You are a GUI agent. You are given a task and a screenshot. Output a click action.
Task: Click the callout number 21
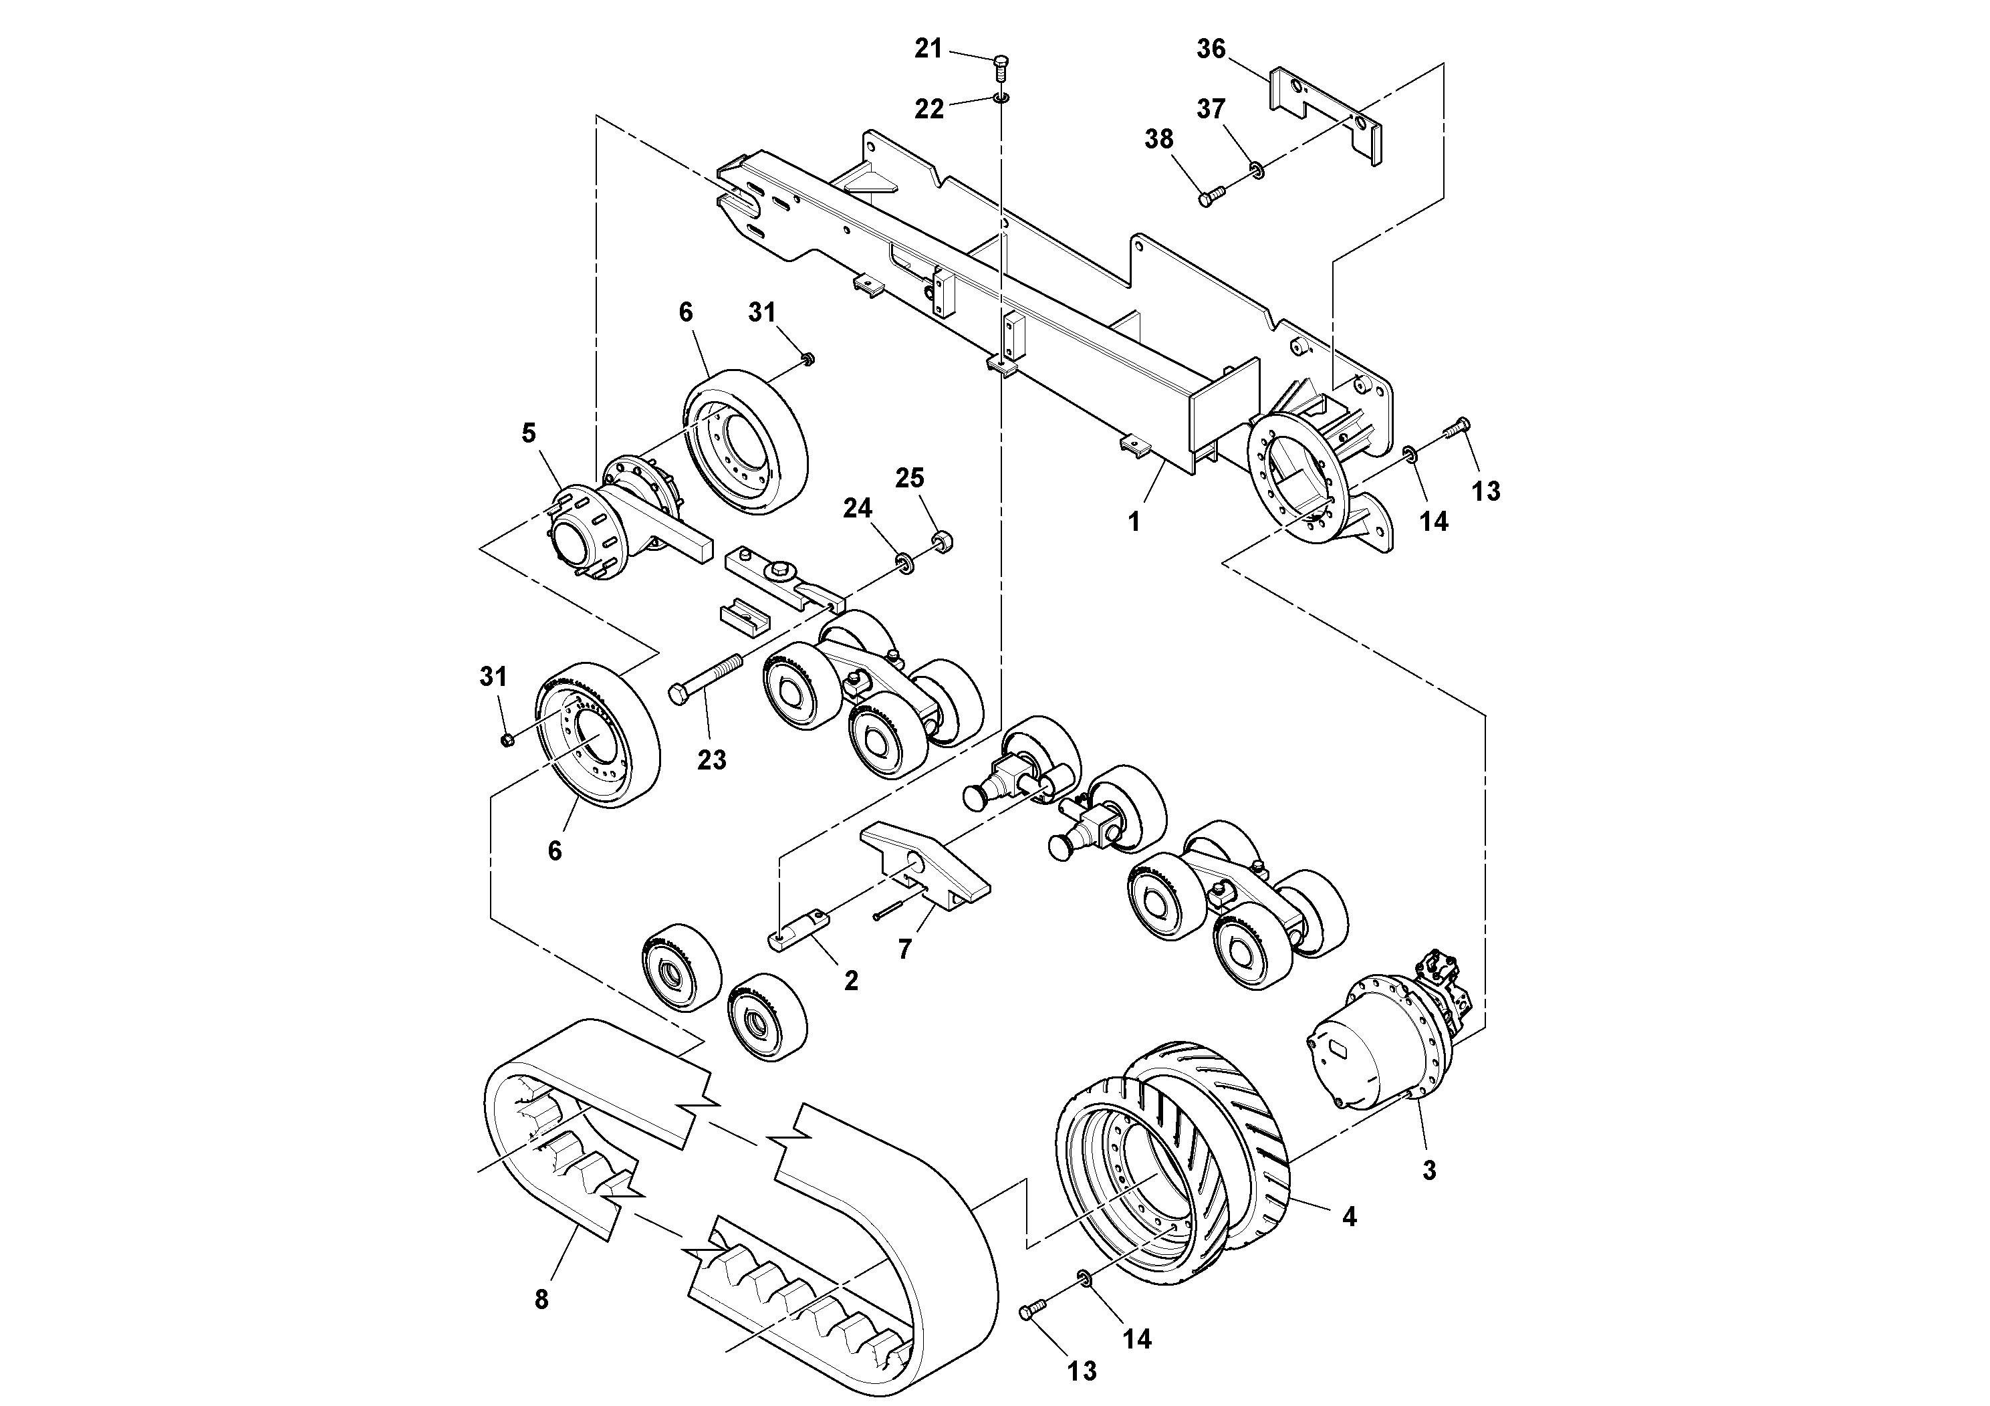(x=928, y=49)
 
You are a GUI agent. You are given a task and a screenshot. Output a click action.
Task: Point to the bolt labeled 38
(x=1210, y=196)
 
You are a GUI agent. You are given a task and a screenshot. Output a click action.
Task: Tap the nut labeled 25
(x=938, y=542)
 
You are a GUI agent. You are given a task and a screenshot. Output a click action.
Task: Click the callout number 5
(x=529, y=433)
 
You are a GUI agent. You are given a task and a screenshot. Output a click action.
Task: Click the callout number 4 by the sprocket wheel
(x=1349, y=1217)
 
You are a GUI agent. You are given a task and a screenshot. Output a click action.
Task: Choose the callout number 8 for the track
(x=541, y=1300)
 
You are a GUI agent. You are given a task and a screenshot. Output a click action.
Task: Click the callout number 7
(x=905, y=949)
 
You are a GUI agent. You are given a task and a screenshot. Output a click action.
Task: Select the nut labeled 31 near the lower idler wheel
(x=508, y=739)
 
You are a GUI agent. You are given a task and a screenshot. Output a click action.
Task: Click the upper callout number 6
(x=686, y=312)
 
